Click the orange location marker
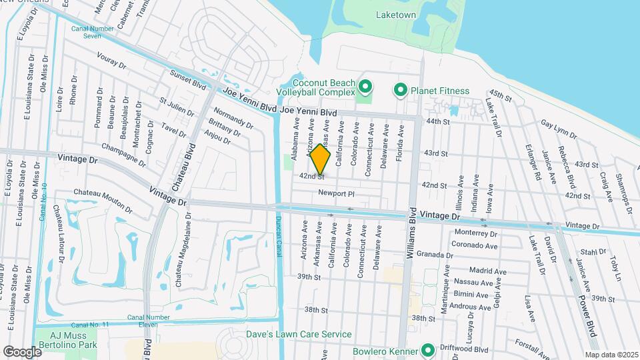pyautogui.click(x=321, y=160)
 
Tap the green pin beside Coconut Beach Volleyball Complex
pyautogui.click(x=365, y=87)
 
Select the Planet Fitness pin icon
pyautogui.click(x=401, y=90)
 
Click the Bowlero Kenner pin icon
pyautogui.click(x=427, y=350)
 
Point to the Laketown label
pyautogui.click(x=395, y=15)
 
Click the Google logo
pyautogui.click(x=21, y=351)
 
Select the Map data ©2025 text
pyautogui.click(x=611, y=355)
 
